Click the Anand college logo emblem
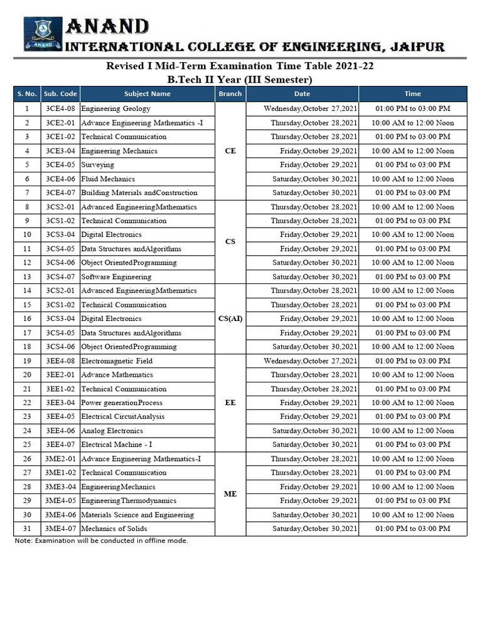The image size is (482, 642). coord(43,34)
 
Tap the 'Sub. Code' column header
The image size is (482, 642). coord(60,93)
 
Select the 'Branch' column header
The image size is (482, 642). coord(230,93)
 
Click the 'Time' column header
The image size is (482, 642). coord(412,93)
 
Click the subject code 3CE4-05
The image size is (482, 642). coord(60,165)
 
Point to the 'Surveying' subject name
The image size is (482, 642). coord(98,165)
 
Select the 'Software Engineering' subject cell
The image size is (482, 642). coord(116,276)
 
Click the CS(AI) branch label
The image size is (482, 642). coord(230,318)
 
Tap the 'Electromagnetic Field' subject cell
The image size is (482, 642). coord(117,360)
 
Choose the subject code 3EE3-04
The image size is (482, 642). coord(60,403)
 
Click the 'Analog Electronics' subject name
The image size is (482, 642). coord(112,431)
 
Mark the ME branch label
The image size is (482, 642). coord(230,494)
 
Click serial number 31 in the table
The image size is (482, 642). coord(27,529)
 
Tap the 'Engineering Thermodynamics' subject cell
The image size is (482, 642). coord(129,500)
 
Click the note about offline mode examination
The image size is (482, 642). coord(101,540)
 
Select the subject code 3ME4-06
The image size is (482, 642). coord(60,515)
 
